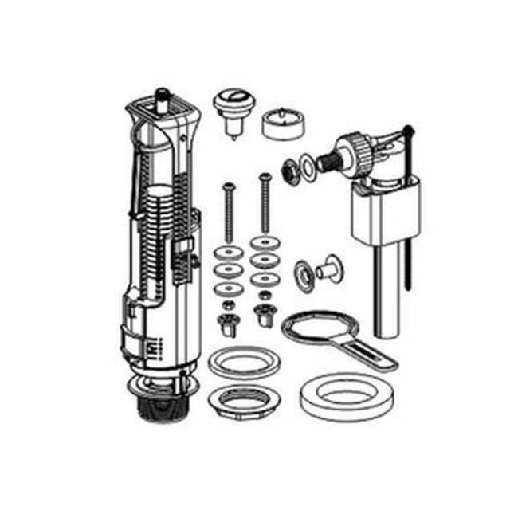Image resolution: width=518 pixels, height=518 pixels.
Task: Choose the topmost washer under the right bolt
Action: pos(262,241)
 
